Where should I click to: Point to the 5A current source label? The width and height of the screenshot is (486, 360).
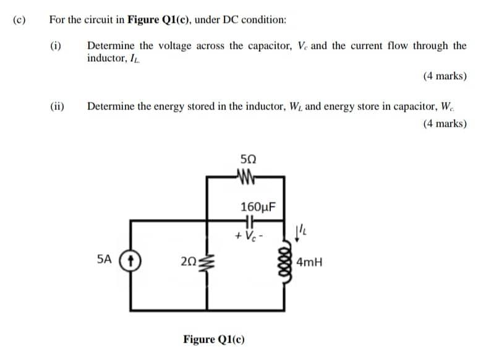[x=105, y=260]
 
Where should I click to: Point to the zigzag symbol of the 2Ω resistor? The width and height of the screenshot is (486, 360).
[x=207, y=262]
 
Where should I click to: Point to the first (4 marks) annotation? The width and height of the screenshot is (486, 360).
[x=445, y=77]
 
